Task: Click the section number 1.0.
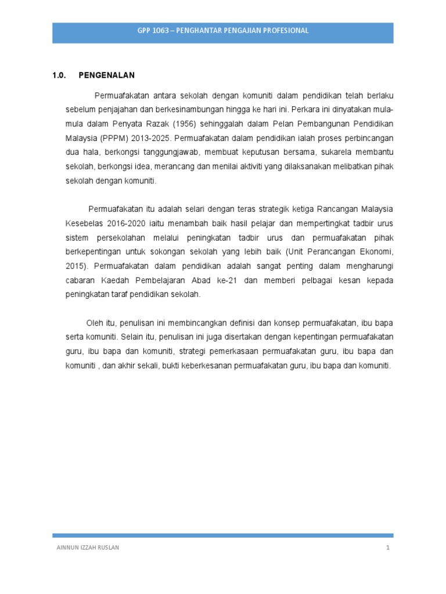tap(58, 75)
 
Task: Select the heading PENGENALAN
tap(106, 75)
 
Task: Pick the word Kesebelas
tap(84, 223)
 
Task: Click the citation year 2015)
tap(75, 266)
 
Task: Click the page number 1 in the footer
tap(387, 548)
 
